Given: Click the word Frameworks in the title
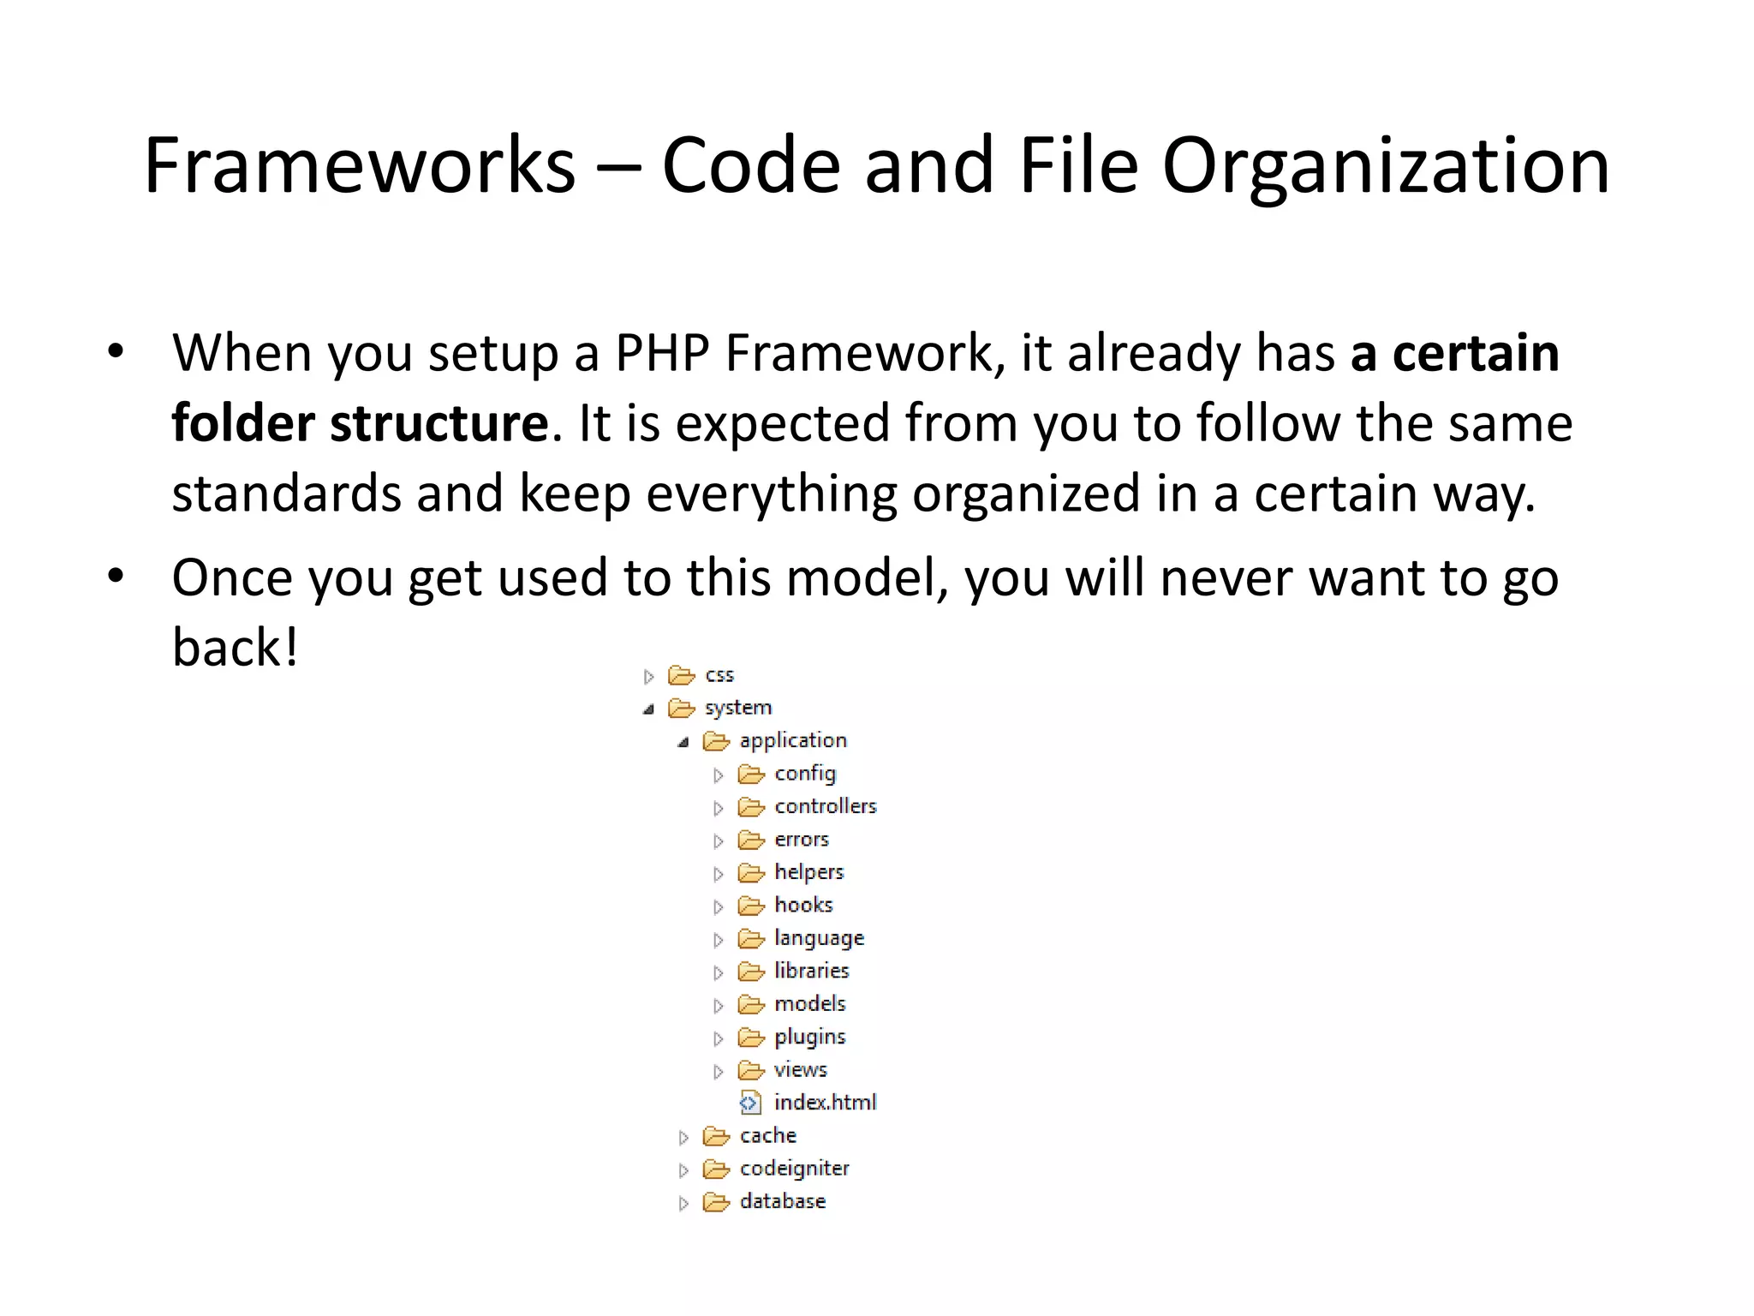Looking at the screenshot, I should pos(360,165).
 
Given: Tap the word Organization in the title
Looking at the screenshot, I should pos(1385,167).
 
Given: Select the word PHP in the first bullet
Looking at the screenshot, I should pos(662,353).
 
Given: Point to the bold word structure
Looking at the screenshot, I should pos(438,423).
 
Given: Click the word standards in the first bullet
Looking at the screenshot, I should pos(286,494).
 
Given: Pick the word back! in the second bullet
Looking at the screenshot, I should pos(236,648).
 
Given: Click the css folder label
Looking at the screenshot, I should pos(719,675).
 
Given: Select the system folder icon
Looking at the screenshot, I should pos(682,709).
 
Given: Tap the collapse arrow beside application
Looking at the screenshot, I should pos(683,742).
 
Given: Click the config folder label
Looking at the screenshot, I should pos(805,774).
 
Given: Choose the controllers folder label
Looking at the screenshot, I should pos(826,806).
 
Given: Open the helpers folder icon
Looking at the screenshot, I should pos(751,873).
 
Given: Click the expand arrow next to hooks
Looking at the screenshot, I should pos(718,906).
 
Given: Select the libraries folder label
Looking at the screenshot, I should pos(811,971).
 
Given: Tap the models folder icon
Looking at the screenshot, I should pos(751,1004).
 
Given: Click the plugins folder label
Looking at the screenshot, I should pos(809,1038).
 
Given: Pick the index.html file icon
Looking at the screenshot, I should pos(749,1103).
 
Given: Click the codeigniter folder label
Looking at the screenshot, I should pos(794,1169).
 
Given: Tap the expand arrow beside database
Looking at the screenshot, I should pos(683,1203).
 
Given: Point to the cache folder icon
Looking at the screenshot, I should pos(716,1137).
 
